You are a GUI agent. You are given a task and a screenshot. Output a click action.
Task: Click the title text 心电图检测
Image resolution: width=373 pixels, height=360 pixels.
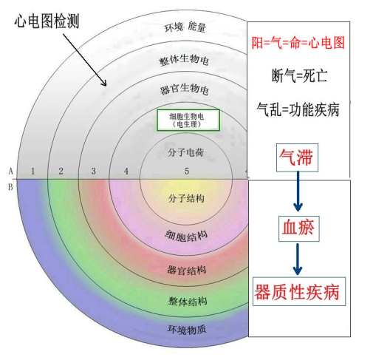(x=47, y=21)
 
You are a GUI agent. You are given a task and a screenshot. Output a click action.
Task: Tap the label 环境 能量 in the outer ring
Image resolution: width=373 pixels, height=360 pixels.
(x=185, y=27)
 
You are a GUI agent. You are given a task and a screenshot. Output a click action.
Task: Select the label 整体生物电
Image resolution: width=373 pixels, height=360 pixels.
(x=184, y=60)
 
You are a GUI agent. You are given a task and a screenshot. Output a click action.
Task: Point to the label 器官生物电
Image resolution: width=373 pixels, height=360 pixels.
(x=185, y=89)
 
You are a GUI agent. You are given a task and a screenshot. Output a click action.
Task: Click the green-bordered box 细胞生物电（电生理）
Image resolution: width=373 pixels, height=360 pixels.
(x=188, y=120)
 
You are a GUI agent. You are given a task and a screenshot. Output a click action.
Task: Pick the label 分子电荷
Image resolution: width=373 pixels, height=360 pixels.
(x=185, y=152)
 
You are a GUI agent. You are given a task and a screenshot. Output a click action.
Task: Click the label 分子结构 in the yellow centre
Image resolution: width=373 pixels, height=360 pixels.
(x=186, y=198)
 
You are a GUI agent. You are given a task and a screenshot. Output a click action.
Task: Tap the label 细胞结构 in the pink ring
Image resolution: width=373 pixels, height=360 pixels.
(x=186, y=236)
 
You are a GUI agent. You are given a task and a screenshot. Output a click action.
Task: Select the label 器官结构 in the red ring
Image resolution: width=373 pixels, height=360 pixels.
(x=187, y=271)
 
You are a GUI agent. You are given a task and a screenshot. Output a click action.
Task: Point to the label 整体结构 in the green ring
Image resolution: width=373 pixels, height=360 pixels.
(x=188, y=301)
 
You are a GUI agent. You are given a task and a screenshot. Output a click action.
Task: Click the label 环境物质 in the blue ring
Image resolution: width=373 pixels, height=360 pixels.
(x=187, y=330)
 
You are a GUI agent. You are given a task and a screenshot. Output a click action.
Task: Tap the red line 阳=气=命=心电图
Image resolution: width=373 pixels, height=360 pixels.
(x=298, y=43)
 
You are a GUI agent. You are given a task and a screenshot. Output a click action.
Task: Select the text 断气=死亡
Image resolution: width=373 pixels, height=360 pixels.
(x=299, y=75)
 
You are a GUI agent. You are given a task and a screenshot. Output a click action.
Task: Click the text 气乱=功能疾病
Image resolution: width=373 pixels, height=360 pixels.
(x=298, y=109)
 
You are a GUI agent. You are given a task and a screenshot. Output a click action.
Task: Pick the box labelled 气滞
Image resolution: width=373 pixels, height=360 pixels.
(x=297, y=157)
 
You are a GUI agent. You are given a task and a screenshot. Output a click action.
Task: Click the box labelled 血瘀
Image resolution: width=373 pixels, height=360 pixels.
(x=299, y=228)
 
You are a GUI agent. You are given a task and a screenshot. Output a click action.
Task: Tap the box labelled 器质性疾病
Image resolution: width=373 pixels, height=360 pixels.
(x=299, y=291)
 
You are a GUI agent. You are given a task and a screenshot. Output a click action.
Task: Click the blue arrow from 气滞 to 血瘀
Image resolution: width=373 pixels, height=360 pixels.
(x=298, y=191)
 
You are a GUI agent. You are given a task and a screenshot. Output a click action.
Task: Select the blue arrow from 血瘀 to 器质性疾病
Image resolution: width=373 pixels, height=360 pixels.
(x=298, y=259)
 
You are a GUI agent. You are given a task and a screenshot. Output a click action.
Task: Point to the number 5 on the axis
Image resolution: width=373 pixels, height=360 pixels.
(x=187, y=171)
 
